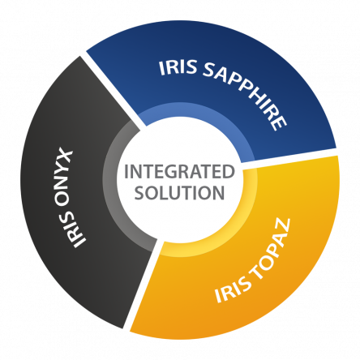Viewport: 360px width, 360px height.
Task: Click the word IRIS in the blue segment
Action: coord(178,67)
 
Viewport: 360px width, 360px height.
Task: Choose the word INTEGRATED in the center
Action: coord(179,172)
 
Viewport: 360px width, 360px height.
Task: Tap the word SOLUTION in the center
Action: coord(179,193)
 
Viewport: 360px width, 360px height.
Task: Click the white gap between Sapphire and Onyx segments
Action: coord(114,91)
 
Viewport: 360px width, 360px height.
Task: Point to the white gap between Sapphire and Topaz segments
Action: coord(289,157)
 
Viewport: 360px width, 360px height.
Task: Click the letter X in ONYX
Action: coord(64,155)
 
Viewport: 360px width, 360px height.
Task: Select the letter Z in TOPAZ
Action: coord(282,226)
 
